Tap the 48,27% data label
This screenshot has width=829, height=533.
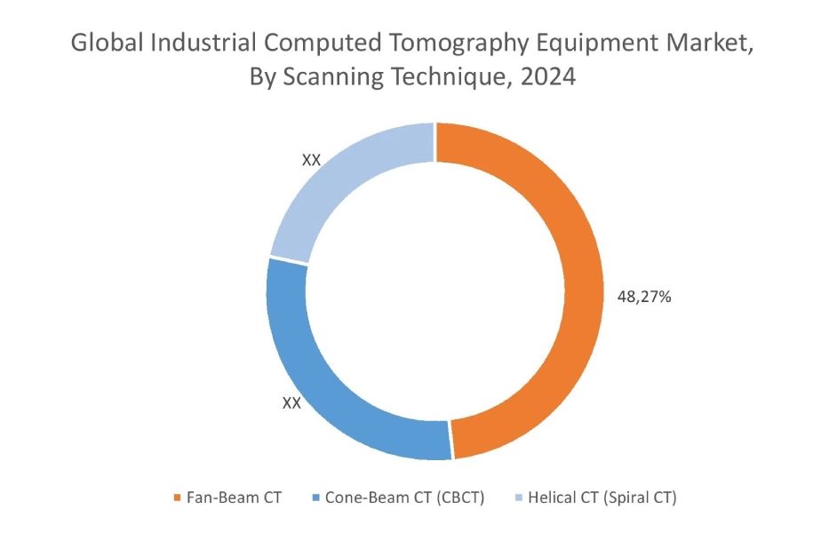pyautogui.click(x=643, y=297)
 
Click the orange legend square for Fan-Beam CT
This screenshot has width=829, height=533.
pyautogui.click(x=177, y=497)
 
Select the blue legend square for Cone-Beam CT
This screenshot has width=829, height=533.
pyautogui.click(x=315, y=497)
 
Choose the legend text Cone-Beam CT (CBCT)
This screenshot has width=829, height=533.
pyautogui.click(x=404, y=497)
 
